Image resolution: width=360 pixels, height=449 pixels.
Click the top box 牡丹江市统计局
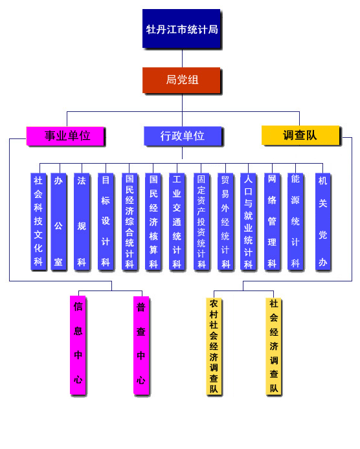point(181,28)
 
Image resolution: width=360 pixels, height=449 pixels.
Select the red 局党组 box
point(181,80)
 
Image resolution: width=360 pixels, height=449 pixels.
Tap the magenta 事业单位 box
point(65,136)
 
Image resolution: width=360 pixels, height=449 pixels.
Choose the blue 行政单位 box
point(183,136)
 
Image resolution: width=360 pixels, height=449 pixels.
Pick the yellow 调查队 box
point(300,135)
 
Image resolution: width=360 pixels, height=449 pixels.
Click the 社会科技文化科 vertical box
point(38,221)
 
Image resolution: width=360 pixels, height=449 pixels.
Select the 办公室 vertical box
point(58,221)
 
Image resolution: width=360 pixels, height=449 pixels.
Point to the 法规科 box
point(82,221)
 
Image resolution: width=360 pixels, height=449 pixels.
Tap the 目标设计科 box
point(106,221)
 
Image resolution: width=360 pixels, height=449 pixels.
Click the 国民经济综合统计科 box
point(129,221)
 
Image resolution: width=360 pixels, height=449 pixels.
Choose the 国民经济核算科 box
point(153,221)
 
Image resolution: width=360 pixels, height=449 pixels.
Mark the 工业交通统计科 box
point(177,221)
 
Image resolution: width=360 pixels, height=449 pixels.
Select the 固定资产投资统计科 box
point(201,221)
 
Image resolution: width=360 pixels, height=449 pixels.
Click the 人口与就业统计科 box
point(248,221)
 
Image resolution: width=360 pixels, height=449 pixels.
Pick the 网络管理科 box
point(272,221)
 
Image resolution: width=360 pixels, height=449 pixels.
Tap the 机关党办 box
point(323,221)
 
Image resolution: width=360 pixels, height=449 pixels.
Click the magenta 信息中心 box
point(78,345)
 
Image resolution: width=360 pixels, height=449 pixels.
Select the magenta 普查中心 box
point(141,345)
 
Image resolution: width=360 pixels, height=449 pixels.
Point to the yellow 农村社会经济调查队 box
point(214,347)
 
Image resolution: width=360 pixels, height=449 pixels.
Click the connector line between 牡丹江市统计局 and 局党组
point(183,58)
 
